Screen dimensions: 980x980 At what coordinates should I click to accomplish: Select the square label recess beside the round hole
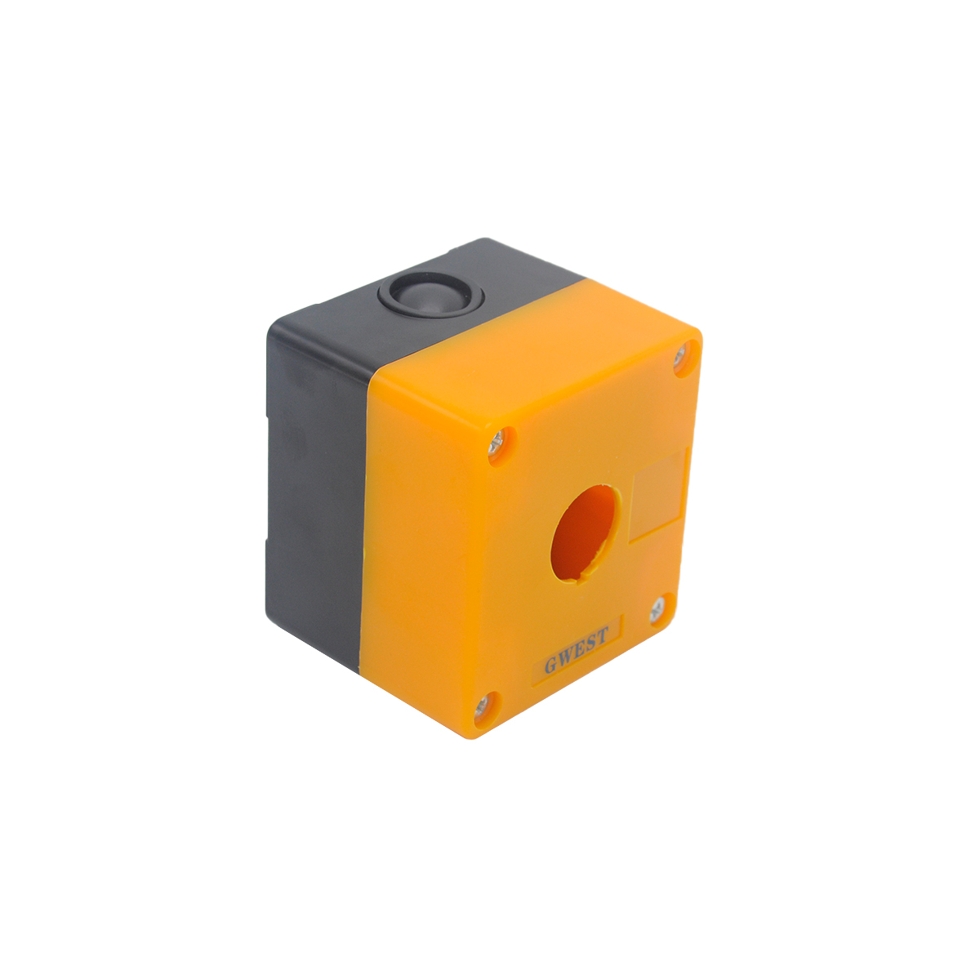[x=658, y=497]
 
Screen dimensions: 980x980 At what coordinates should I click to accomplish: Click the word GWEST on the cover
[x=577, y=645]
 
